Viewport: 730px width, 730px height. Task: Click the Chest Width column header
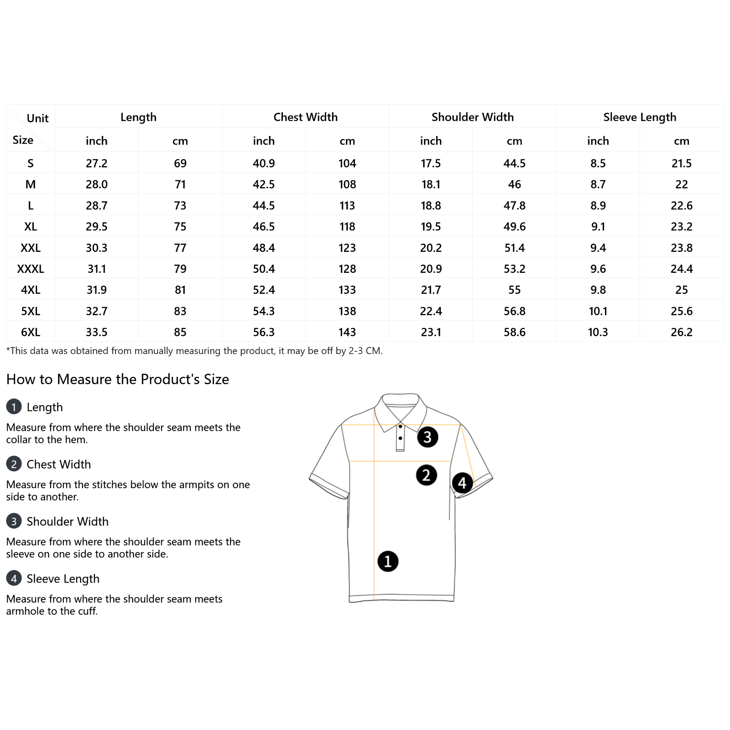[305, 117]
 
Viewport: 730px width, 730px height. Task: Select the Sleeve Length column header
[640, 117]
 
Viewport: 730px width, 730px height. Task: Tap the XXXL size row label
[31, 269]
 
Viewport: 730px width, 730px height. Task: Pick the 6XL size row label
[31, 332]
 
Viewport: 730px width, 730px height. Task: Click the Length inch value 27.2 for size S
[97, 163]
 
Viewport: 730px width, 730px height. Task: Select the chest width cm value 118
[347, 227]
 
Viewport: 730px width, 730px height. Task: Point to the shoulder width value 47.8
[515, 206]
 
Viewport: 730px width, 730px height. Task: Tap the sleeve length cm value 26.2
[682, 332]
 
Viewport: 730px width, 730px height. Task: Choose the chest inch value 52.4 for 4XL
[264, 290]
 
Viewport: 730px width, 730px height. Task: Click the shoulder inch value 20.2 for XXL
[431, 248]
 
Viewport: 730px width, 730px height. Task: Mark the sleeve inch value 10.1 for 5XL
[598, 311]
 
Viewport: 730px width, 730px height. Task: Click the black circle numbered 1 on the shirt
[388, 561]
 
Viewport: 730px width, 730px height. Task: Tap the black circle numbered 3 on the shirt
[428, 437]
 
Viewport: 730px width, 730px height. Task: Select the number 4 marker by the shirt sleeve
[462, 483]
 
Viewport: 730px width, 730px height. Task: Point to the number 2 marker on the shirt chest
[427, 475]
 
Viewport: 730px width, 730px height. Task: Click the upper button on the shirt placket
[400, 427]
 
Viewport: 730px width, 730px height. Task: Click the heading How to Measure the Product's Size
[118, 380]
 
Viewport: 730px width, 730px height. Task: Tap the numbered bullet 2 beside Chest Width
[14, 464]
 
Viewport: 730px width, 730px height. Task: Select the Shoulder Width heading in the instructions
[68, 521]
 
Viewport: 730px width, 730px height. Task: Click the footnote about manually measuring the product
[194, 351]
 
